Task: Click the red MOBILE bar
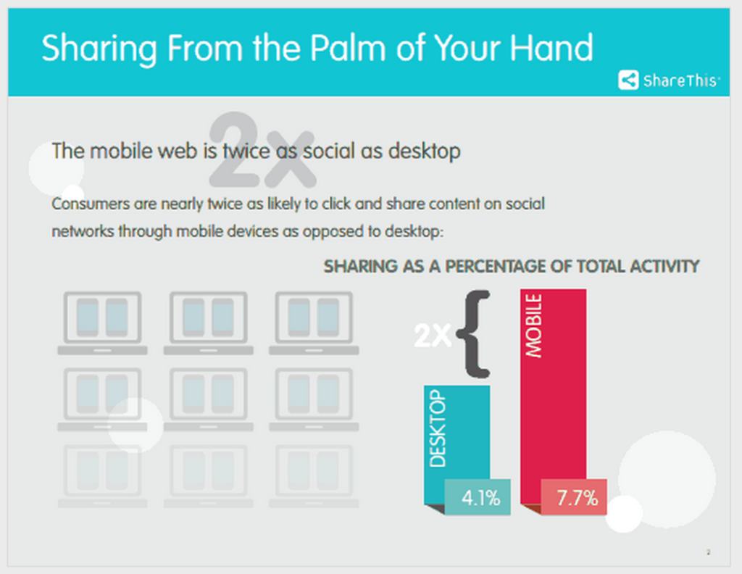[553, 396]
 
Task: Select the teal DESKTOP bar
[457, 445]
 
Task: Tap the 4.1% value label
[478, 497]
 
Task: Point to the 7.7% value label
[574, 497]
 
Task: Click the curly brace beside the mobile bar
[474, 334]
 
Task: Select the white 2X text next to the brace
[433, 336]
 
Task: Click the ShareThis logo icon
[628, 80]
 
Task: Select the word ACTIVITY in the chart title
[664, 267]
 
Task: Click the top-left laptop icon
[102, 323]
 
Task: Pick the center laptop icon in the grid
[208, 399]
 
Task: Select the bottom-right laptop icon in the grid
[314, 476]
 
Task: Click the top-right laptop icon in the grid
[314, 323]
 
